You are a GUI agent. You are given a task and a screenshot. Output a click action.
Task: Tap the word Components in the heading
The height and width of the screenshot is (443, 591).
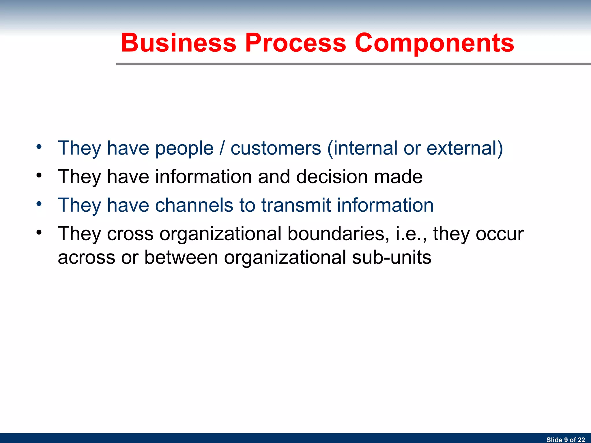tap(434, 43)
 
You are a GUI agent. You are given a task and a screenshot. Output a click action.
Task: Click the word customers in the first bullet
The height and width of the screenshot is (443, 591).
tap(276, 148)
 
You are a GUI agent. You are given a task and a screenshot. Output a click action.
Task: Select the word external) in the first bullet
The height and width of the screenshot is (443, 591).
tap(465, 148)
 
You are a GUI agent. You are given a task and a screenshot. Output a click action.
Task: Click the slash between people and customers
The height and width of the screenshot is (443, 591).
tap(222, 148)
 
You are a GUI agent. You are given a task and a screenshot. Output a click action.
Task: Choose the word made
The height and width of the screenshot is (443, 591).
tap(398, 177)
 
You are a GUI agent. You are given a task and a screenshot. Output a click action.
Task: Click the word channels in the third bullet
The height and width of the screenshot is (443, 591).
tap(194, 205)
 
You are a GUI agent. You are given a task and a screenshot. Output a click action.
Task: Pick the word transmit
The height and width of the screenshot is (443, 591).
tap(296, 205)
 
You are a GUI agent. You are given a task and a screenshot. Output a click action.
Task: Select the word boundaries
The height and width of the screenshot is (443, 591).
tap(336, 233)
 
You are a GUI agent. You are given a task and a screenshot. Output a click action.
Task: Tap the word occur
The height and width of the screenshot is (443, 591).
tap(500, 234)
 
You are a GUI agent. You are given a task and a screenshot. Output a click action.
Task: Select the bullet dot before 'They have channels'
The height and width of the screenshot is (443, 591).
tap(39, 204)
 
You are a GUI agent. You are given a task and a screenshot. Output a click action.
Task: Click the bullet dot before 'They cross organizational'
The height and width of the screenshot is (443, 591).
tap(39, 232)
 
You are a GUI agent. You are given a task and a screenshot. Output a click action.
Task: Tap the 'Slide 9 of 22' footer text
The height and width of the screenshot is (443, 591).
tap(565, 440)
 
